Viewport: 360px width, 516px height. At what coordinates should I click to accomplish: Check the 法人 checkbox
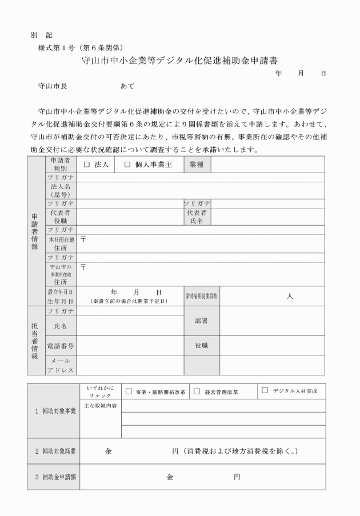[x=87, y=164]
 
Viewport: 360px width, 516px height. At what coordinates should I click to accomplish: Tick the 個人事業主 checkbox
[x=127, y=164]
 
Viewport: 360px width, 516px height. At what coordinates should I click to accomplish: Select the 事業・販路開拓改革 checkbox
[x=129, y=391]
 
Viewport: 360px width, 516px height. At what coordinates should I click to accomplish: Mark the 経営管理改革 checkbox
[x=197, y=391]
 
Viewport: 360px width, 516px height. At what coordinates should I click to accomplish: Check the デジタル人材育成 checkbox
[x=265, y=391]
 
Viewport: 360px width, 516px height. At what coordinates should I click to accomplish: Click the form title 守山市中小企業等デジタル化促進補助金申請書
[x=180, y=59]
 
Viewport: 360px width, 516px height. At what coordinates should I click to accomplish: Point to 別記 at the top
[x=42, y=35]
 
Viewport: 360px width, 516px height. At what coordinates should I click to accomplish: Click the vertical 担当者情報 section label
[x=35, y=339]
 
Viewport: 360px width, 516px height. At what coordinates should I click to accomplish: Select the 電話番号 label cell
[x=60, y=346]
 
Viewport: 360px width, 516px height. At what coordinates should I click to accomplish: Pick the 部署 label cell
[x=201, y=321]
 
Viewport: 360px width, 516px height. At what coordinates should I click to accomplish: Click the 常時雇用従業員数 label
[x=201, y=296]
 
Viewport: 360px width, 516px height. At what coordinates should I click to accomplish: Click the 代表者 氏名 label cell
[x=197, y=217]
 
